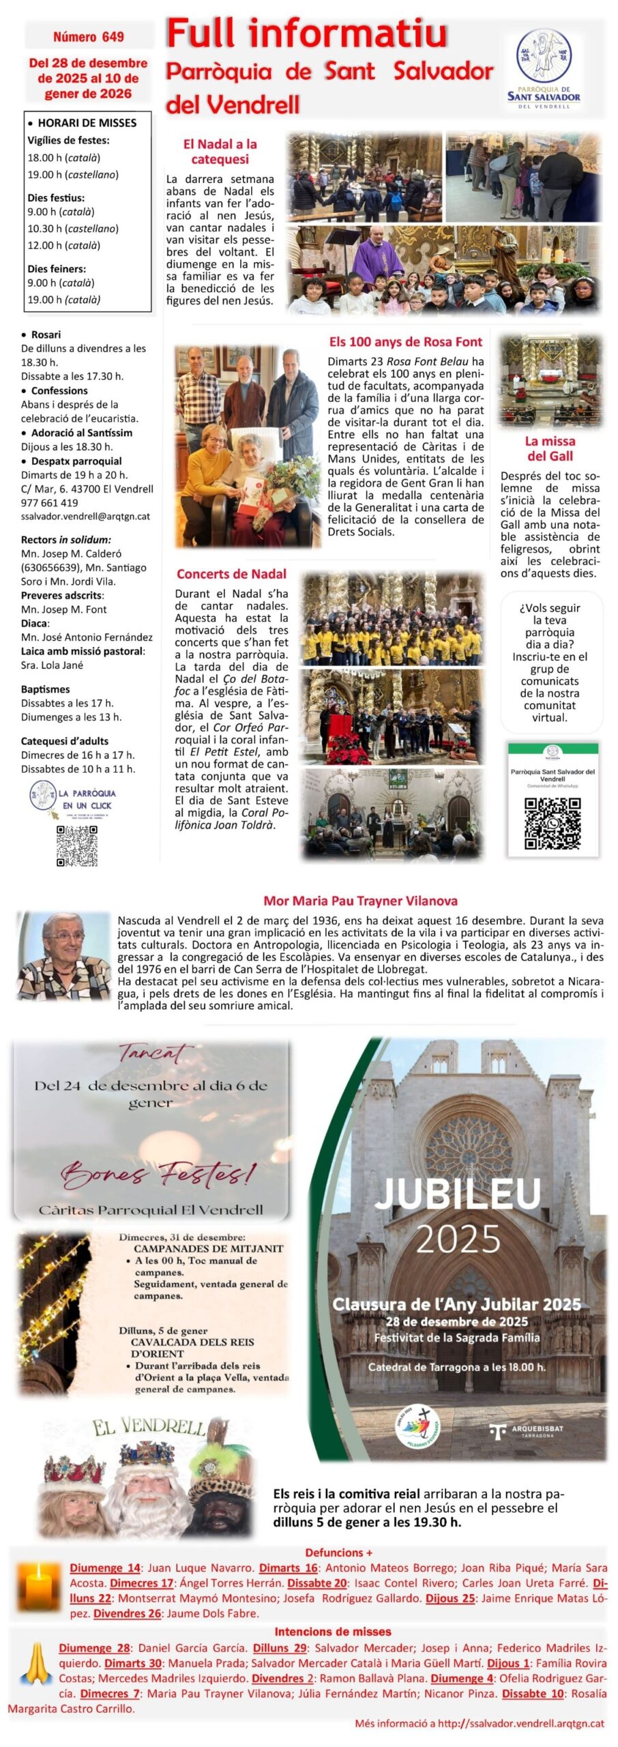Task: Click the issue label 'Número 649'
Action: [89, 37]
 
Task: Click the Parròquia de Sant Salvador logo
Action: [544, 69]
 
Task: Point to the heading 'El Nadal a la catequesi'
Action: [220, 151]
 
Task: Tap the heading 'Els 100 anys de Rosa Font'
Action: [405, 342]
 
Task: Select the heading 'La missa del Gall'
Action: [550, 448]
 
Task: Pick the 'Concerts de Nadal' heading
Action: [231, 574]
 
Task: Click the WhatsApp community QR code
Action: [553, 823]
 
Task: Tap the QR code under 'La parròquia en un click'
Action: [76, 846]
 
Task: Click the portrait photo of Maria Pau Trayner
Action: [63, 955]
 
